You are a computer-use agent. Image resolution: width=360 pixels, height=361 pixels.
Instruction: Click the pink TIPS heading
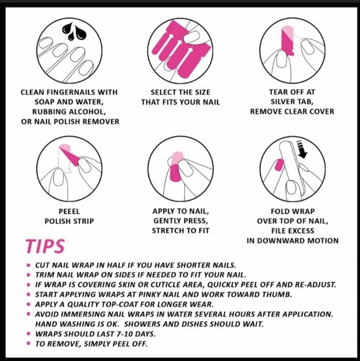point(45,246)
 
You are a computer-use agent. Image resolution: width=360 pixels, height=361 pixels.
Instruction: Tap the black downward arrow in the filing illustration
point(302,149)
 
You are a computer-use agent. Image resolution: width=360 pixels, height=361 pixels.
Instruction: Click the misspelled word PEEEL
point(69,212)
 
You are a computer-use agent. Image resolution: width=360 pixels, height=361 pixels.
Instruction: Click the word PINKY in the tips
point(150,294)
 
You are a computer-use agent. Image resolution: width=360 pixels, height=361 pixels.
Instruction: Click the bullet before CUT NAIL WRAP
point(29,265)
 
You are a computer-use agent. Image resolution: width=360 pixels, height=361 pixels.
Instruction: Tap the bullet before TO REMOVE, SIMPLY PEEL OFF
point(29,344)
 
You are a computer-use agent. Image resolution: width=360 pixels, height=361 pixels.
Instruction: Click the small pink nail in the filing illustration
point(279,165)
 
